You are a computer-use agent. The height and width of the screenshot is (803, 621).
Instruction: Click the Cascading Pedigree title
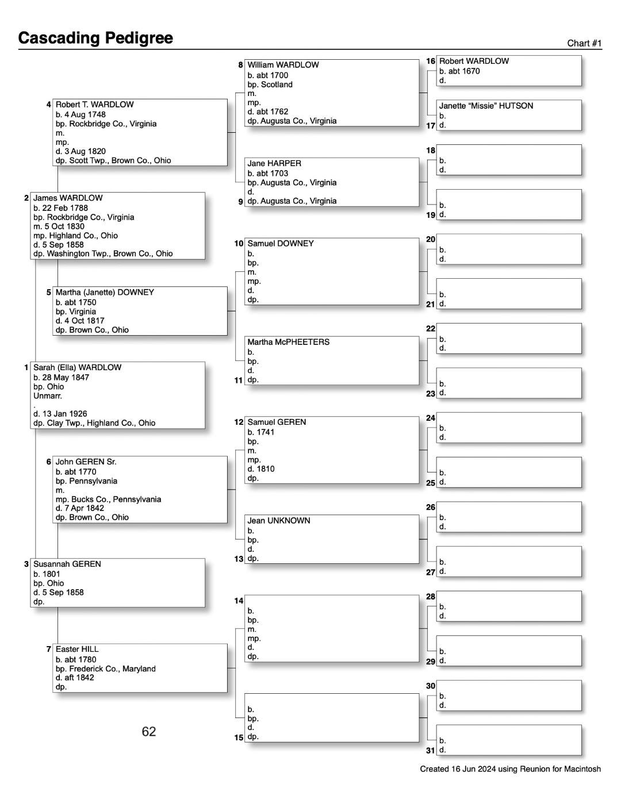click(95, 38)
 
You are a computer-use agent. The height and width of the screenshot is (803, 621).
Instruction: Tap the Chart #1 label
click(584, 43)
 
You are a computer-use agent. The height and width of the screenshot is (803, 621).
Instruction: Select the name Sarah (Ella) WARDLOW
click(77, 367)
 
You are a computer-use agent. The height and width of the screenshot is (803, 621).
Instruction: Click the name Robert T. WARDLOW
click(94, 105)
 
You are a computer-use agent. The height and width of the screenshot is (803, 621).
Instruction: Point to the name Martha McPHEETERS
click(288, 342)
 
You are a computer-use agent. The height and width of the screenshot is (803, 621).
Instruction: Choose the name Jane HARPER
click(274, 163)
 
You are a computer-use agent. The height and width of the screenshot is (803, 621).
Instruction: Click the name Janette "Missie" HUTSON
click(486, 106)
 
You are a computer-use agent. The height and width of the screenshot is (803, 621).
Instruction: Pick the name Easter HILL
click(77, 649)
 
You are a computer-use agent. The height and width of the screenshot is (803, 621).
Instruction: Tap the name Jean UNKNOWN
click(279, 521)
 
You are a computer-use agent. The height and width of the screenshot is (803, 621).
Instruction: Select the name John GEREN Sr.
click(86, 462)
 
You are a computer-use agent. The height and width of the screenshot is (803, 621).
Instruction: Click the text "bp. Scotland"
click(270, 84)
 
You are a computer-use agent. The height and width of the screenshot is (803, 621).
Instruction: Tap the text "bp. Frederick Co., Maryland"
click(105, 668)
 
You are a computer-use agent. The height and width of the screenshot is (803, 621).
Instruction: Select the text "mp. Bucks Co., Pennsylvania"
click(108, 499)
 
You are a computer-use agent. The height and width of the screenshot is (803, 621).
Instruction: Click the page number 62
click(149, 731)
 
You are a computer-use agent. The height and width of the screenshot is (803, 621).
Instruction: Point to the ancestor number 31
click(431, 750)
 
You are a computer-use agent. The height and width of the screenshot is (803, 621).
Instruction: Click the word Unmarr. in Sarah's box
click(48, 396)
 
